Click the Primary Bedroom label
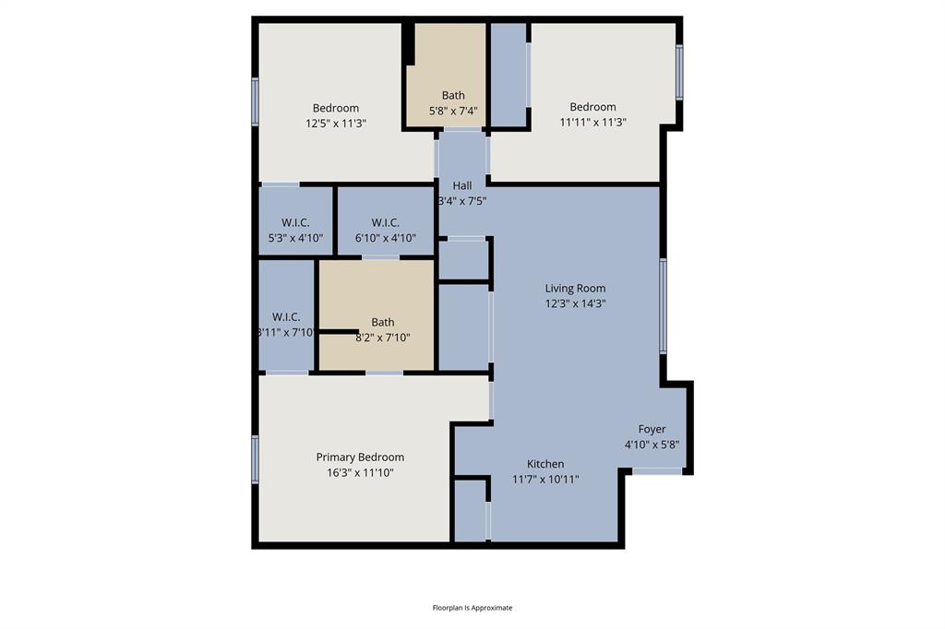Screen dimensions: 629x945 360,457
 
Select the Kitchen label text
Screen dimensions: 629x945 545,464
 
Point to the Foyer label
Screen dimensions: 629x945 652,430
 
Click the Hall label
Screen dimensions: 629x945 461,185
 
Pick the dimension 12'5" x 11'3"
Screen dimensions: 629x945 336,123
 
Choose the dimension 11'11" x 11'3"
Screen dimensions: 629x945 592,122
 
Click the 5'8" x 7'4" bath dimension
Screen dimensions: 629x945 453,111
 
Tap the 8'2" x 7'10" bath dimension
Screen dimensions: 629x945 383,338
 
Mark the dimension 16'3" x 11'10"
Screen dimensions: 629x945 360,472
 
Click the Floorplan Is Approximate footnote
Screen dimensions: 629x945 472,608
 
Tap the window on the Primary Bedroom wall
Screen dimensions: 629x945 256,459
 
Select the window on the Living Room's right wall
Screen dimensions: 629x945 663,306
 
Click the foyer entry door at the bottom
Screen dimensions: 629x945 657,471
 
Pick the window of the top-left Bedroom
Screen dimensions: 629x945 256,101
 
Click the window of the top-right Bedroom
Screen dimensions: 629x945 679,73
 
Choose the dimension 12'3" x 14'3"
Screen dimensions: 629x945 575,303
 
